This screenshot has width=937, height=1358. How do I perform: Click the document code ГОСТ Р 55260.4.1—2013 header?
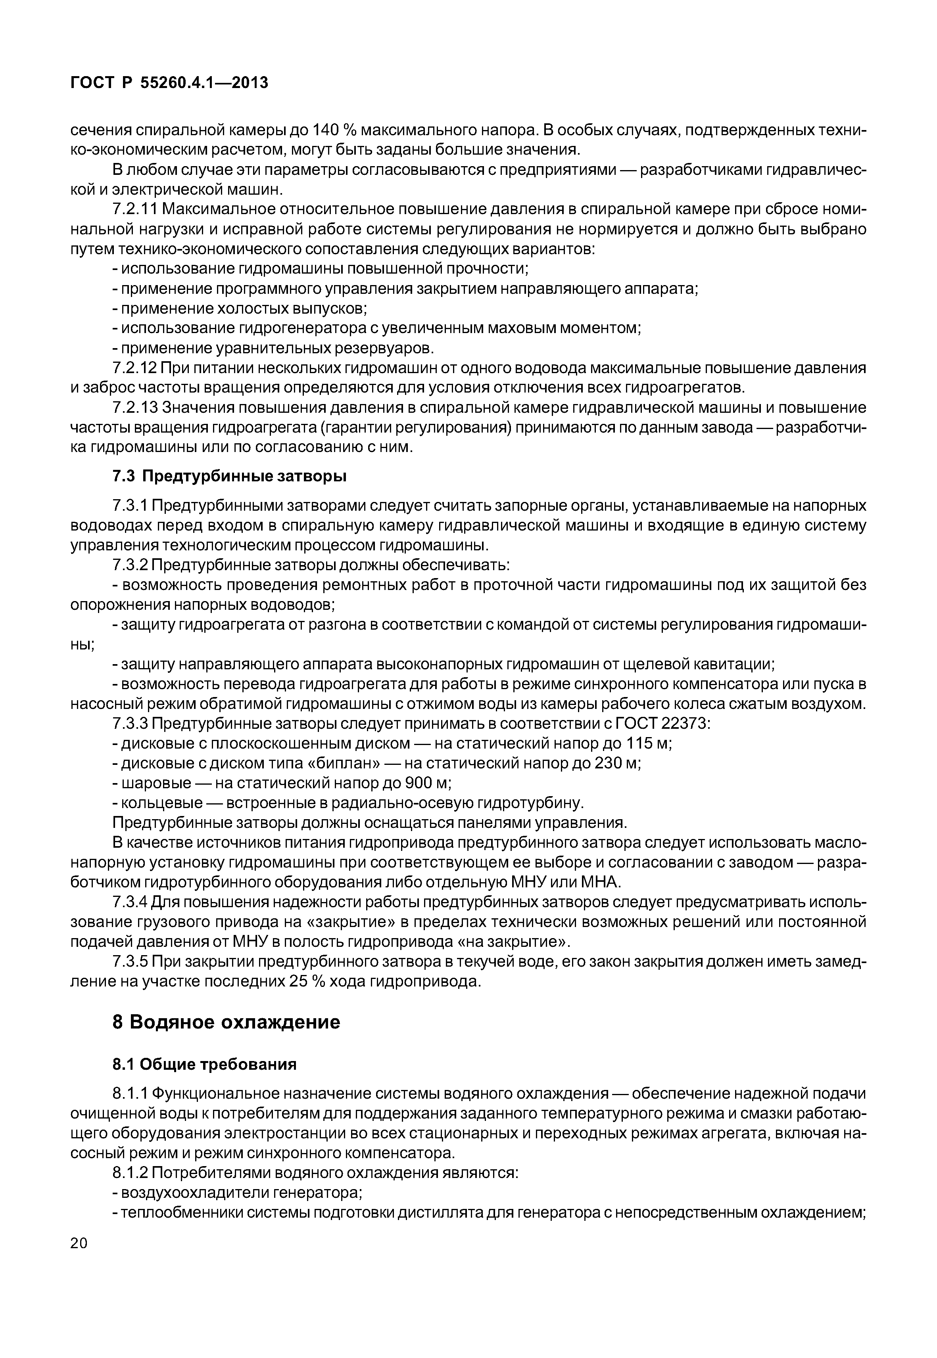point(169,83)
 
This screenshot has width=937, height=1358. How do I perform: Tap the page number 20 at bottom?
point(79,1259)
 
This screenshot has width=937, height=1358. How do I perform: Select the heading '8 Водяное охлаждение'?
point(226,1022)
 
